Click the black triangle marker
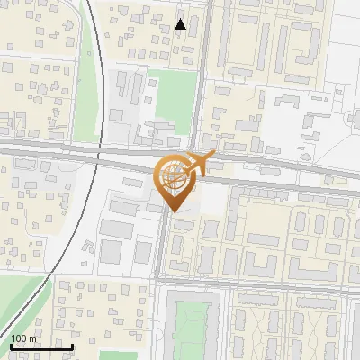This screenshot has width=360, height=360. click(181, 24)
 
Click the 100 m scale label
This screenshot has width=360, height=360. click(23, 338)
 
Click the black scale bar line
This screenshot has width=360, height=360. click(41, 346)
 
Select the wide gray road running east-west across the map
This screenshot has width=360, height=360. click(270, 176)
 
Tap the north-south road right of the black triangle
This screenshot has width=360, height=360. click(201, 54)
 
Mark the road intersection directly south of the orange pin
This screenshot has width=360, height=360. click(162, 281)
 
